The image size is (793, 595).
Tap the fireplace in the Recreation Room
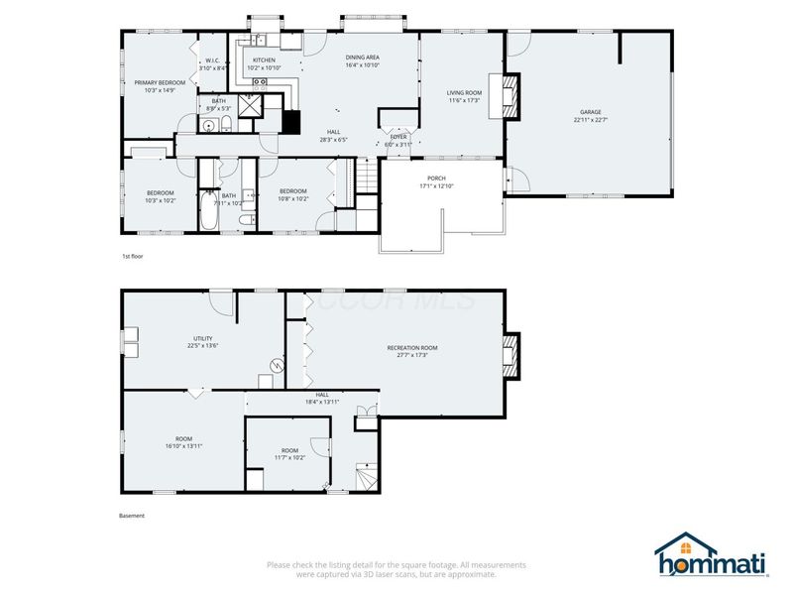click(510, 354)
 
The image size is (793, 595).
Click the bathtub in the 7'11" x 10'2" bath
click(209, 210)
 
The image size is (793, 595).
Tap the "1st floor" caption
click(132, 256)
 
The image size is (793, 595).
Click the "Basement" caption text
click(132, 516)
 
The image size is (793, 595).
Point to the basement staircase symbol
click(366, 479)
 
